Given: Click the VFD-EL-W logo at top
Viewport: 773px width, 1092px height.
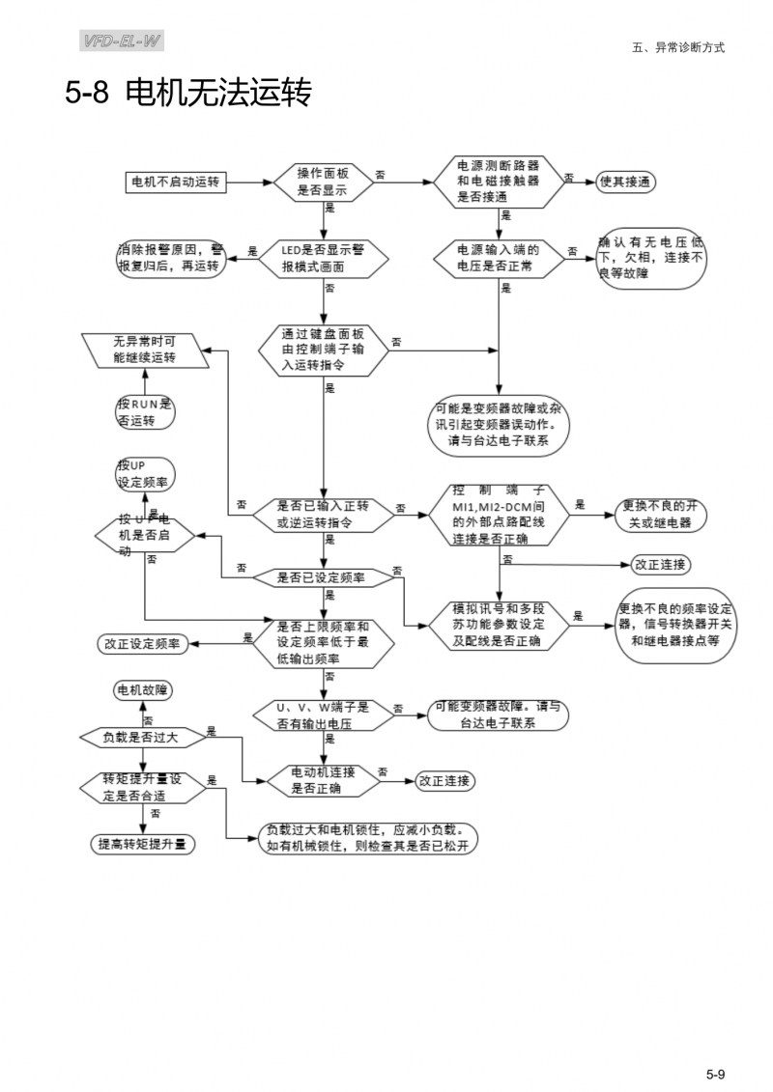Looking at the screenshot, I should tap(122, 41).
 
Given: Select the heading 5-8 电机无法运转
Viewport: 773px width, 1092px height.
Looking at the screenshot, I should tap(188, 94).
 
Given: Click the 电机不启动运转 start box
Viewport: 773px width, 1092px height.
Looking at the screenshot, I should tap(180, 182).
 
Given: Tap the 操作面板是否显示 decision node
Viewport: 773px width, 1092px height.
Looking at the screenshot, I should tap(322, 182).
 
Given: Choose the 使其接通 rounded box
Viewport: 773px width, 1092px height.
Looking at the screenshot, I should tap(628, 182).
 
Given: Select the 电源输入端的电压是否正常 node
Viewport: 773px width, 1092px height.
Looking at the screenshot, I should tap(499, 258).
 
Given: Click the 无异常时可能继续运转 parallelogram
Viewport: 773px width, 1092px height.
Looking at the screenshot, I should tap(144, 350).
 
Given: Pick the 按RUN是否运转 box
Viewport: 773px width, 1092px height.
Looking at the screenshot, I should tap(144, 412).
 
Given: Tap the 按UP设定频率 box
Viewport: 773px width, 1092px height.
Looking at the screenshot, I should tap(144, 472).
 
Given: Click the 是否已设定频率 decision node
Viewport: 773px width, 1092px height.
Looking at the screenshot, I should tap(322, 577).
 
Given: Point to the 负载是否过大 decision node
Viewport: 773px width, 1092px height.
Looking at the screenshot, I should tap(143, 737).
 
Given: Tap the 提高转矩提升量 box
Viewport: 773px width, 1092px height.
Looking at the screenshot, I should tap(143, 843).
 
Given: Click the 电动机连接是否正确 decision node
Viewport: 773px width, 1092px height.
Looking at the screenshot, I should tap(322, 779).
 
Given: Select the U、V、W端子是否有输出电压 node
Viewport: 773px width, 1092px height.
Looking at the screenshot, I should tap(322, 715).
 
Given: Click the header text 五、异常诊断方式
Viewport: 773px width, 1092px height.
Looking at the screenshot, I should tap(677, 46).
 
